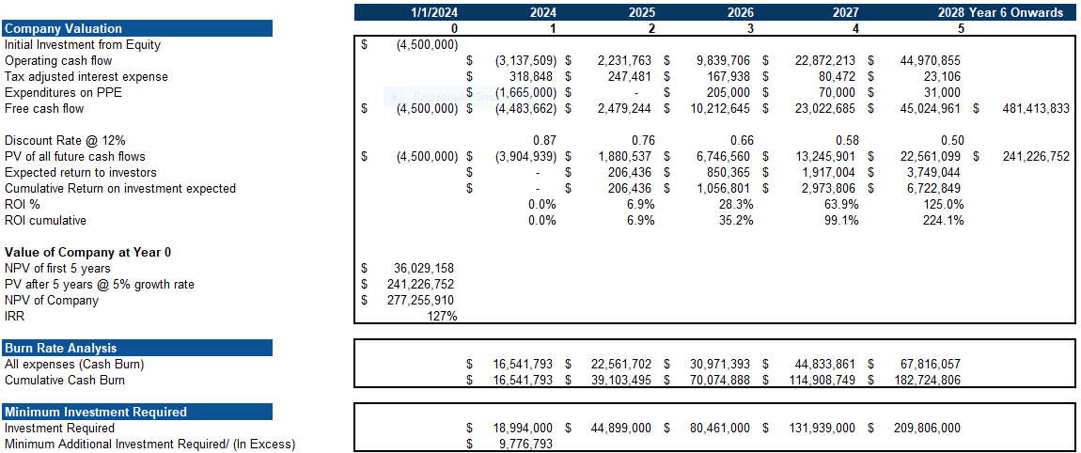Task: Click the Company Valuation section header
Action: tap(63, 28)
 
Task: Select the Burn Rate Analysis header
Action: tap(60, 348)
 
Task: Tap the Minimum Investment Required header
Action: tap(95, 412)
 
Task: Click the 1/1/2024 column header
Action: tap(434, 12)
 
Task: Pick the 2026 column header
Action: tap(740, 12)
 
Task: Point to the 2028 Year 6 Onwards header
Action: tap(1000, 12)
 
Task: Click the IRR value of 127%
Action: tap(442, 317)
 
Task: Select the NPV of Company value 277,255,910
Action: tap(420, 301)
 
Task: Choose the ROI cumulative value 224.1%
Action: tap(943, 221)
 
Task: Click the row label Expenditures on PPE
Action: tap(63, 92)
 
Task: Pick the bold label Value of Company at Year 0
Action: tap(87, 252)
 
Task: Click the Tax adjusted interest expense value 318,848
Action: tap(530, 76)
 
